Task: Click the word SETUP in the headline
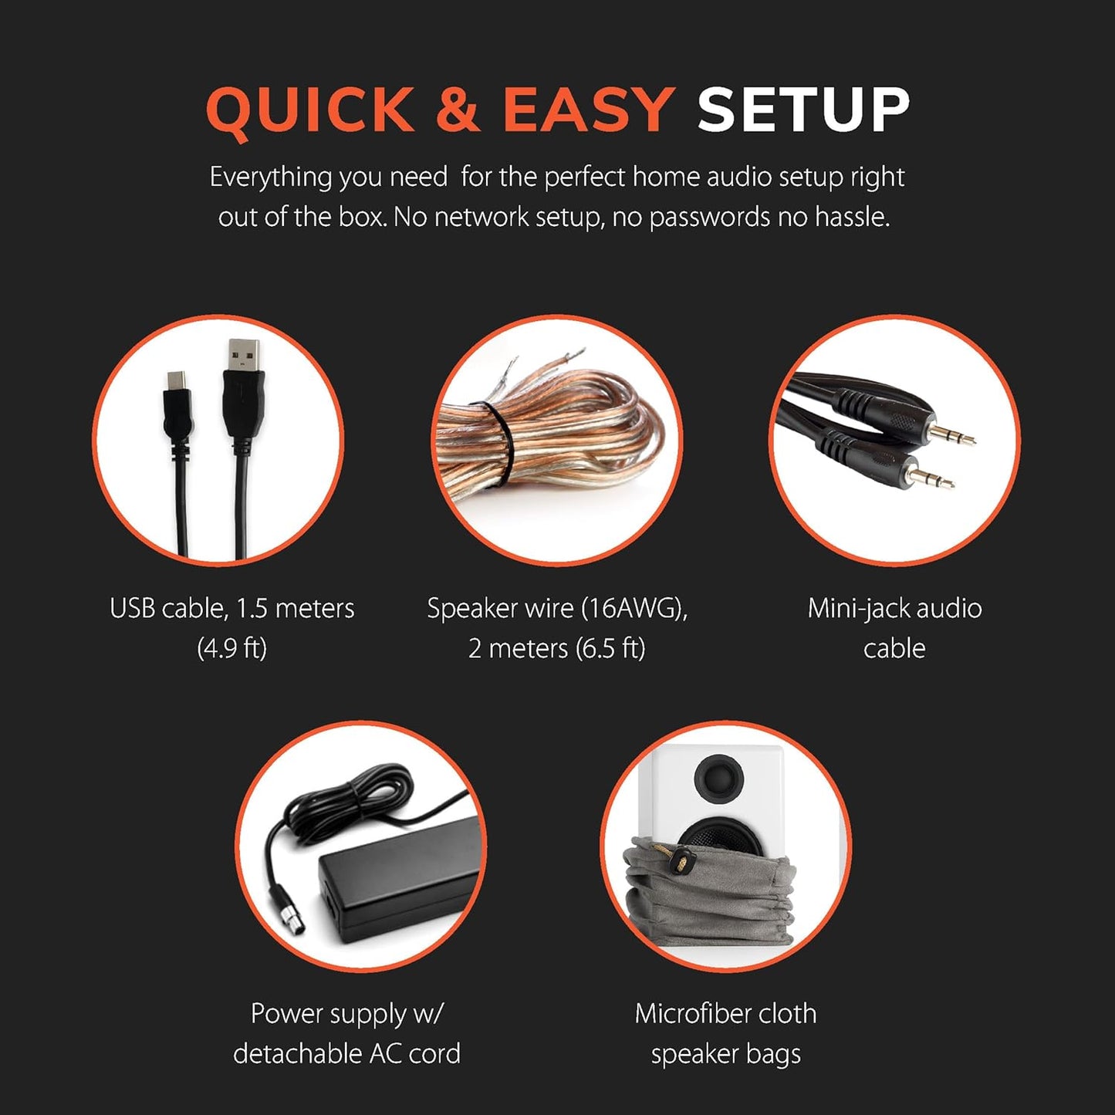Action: click(x=802, y=110)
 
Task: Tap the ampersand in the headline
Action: click(x=458, y=110)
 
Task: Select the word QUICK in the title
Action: click(x=310, y=110)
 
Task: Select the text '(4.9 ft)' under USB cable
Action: click(x=231, y=648)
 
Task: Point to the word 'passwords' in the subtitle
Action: click(x=708, y=218)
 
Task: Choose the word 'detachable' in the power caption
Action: click(x=298, y=1054)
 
